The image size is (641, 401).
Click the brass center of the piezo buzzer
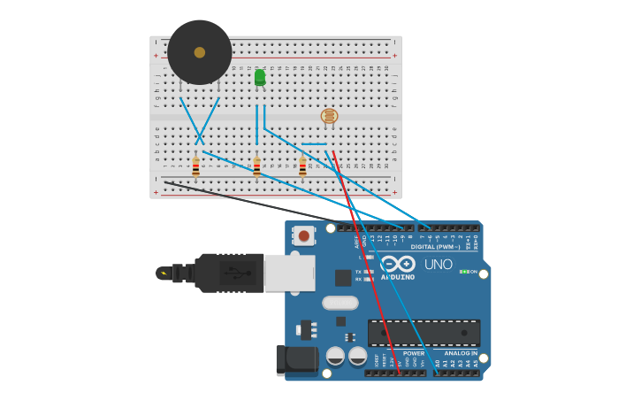click(200, 52)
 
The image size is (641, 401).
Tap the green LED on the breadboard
click(260, 78)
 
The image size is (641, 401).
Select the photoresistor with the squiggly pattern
click(329, 116)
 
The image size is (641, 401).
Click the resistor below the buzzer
click(195, 166)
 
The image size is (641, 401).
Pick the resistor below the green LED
click(257, 166)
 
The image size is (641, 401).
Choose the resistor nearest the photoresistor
click(302, 166)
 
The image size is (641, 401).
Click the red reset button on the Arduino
click(304, 235)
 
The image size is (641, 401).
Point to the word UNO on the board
click(439, 264)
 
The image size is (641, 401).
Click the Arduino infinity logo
click(398, 264)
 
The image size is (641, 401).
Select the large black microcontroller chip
click(424, 333)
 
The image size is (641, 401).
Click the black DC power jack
click(296, 359)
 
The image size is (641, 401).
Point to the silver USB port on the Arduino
click(289, 273)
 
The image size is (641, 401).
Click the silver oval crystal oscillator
click(340, 303)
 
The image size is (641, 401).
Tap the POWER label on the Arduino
click(413, 353)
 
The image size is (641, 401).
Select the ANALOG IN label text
click(461, 353)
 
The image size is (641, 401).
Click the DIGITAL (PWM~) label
click(435, 247)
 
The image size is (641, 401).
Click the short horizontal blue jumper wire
click(314, 144)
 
